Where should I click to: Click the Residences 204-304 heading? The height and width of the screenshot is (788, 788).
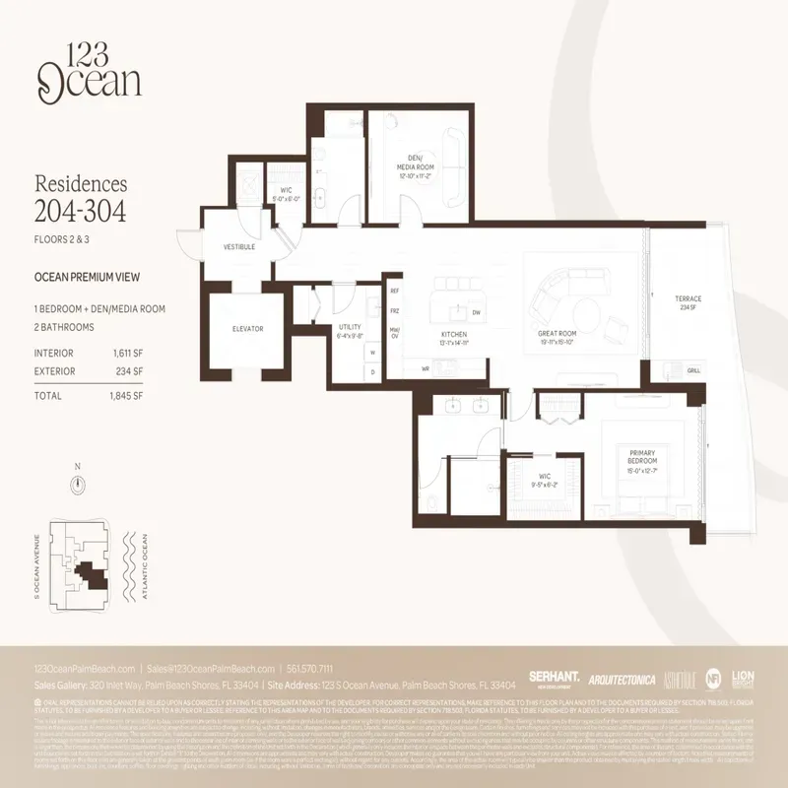click(x=81, y=197)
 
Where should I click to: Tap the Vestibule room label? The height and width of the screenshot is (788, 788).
click(x=240, y=246)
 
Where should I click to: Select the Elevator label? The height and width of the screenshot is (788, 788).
click(x=247, y=328)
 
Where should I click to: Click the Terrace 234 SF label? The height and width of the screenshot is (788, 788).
click(x=688, y=302)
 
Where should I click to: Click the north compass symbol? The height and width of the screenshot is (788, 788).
click(x=77, y=483)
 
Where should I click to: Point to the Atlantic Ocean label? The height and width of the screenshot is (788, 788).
click(x=145, y=567)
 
